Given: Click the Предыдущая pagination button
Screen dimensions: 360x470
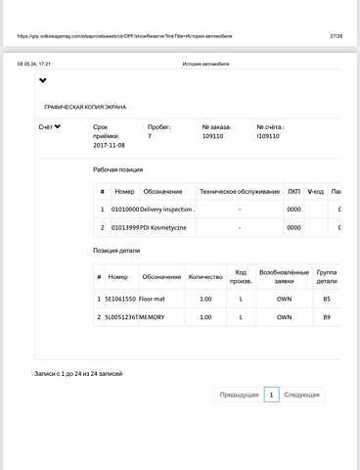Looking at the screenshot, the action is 239,395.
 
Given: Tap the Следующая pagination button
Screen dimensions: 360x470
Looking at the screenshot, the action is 302,395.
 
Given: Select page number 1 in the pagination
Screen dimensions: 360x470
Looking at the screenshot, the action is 271,395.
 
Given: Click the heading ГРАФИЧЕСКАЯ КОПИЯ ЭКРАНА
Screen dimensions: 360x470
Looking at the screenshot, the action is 85,107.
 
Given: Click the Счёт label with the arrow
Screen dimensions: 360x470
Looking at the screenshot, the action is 50,127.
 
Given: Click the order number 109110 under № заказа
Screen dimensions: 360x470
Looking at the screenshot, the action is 212,137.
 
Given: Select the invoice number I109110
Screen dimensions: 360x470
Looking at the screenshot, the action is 268,137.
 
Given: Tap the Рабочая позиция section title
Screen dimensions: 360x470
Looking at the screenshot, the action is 117,169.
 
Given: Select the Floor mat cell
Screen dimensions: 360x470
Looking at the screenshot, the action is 154,298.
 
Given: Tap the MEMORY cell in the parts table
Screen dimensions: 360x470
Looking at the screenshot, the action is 155,317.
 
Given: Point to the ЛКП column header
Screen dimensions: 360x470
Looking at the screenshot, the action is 293,191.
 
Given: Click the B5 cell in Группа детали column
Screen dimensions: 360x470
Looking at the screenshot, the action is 327,298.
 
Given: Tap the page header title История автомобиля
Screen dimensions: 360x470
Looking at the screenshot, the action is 205,65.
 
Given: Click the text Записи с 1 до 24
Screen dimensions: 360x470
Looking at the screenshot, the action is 78,373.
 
